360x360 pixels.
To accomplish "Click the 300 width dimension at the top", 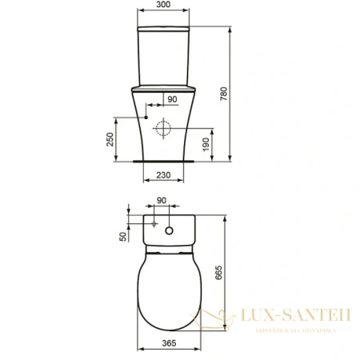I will [x=163, y=5].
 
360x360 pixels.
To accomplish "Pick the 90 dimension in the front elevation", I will [x=170, y=99].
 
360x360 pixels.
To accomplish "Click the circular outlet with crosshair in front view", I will [x=165, y=129].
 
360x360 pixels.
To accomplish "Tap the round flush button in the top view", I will [x=170, y=232].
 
